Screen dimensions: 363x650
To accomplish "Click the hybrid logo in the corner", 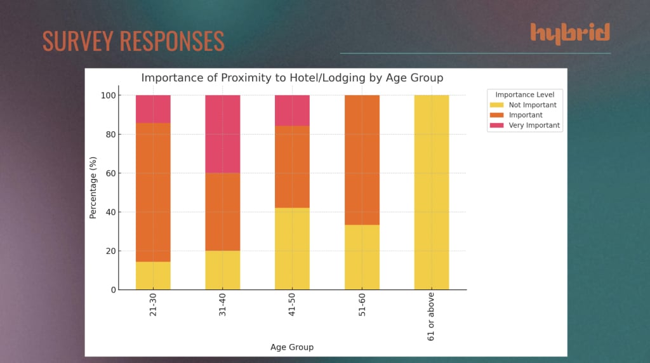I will [x=570, y=34].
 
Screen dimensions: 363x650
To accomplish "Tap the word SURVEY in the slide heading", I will [x=77, y=41].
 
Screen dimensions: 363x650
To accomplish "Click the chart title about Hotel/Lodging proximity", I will [x=291, y=78].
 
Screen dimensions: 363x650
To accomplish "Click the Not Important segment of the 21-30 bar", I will [x=153, y=276].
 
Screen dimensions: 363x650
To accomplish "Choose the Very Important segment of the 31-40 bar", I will [x=222, y=134].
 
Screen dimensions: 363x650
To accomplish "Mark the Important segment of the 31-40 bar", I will [x=222, y=212].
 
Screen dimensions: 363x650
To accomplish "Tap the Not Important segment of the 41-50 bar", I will [x=292, y=249].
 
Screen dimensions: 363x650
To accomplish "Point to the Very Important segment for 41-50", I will [x=292, y=110].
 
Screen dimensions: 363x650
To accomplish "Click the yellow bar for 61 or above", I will [x=432, y=192].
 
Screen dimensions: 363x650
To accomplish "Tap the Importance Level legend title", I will [x=524, y=95].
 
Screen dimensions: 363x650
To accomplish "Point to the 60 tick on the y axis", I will [x=109, y=173].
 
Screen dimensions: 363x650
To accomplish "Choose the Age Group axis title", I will [x=291, y=347].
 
